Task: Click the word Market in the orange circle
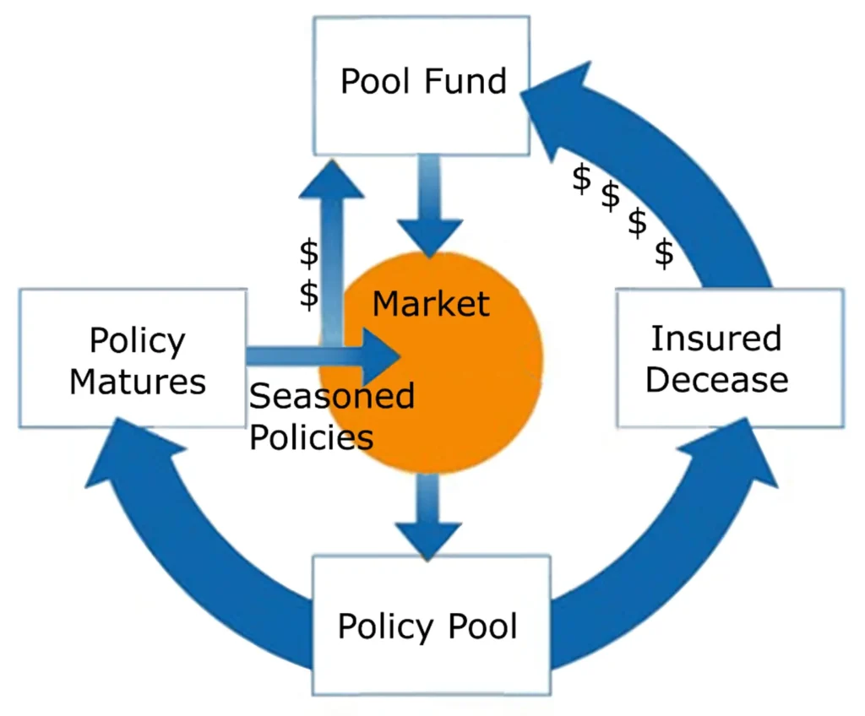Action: pos(431,303)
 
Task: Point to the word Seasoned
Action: pos(332,395)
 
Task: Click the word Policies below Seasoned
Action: pos(312,437)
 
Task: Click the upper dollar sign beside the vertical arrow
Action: pos(310,252)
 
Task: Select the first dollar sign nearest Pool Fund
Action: pos(581,179)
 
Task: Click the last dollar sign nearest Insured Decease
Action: pos(666,253)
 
